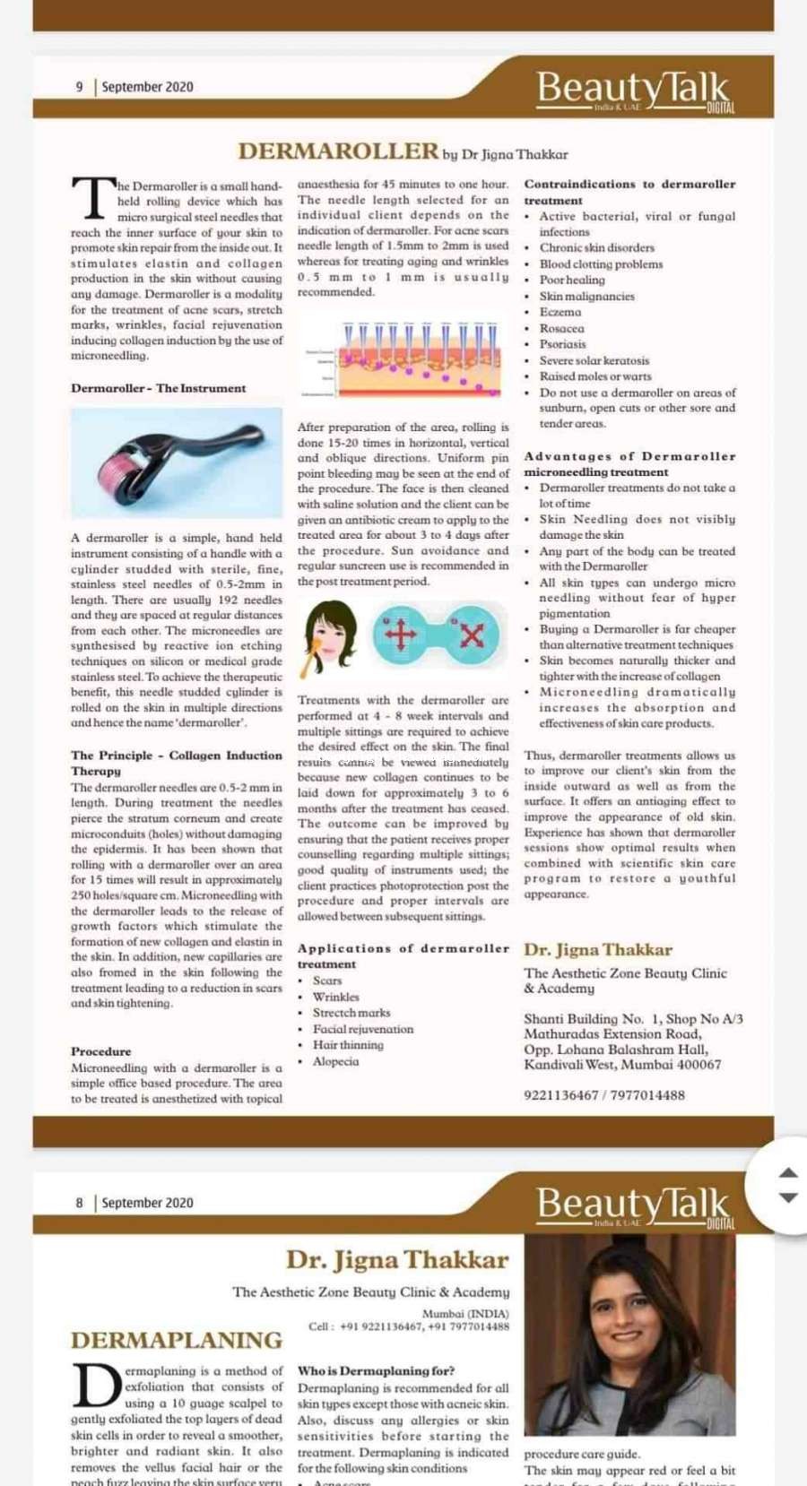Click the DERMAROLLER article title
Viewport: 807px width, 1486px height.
(338, 151)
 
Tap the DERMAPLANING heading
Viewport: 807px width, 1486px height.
(177, 1340)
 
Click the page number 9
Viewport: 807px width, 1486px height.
(79, 87)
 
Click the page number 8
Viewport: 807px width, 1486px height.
(79, 1203)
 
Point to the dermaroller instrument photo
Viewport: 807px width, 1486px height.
(177, 462)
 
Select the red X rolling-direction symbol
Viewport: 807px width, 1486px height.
(473, 635)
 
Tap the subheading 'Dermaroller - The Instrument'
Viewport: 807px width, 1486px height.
(159, 388)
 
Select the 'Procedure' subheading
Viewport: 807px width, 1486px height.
(101, 1051)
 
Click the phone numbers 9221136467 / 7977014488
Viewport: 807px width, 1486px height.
(604, 1095)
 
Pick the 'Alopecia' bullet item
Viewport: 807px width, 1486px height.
(336, 1061)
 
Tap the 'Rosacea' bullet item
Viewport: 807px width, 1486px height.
(562, 328)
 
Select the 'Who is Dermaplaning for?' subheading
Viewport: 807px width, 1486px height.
(376, 1371)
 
